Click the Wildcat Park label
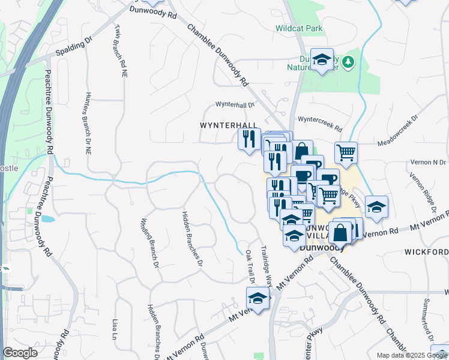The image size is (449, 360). point(299,28)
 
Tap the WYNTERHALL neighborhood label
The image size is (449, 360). point(229,125)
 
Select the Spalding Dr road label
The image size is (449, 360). point(74,46)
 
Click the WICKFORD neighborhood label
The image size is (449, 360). point(426,251)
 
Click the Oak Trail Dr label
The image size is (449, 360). point(248,265)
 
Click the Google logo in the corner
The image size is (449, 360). point(20,353)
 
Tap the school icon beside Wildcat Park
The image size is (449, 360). point(322,59)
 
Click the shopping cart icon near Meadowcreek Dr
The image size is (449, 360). point(346,152)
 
